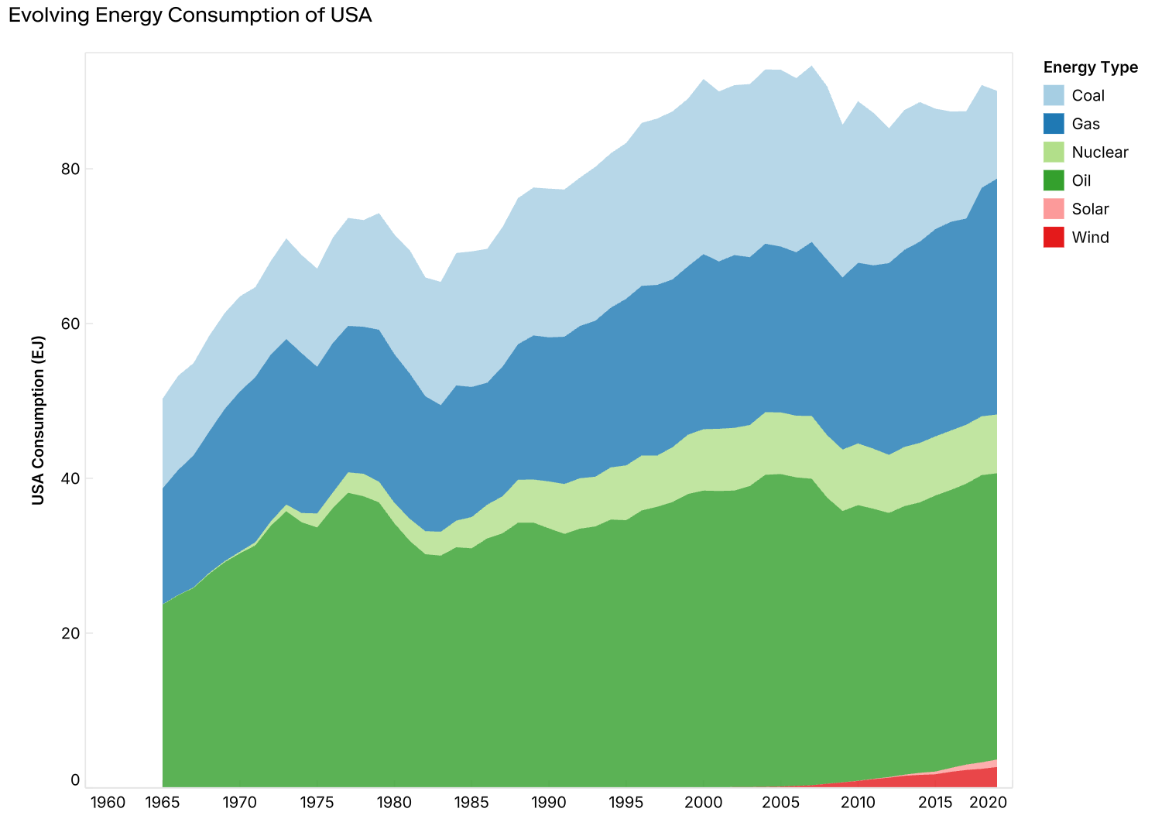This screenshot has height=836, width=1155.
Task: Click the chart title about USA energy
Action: (x=190, y=15)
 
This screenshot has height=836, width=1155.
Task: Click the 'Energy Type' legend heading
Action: (x=1090, y=67)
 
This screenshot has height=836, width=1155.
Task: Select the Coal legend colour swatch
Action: (x=1054, y=95)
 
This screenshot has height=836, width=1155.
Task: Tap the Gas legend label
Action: (x=1086, y=124)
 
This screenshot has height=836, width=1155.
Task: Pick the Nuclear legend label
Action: (x=1099, y=152)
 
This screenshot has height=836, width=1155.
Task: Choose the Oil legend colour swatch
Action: (x=1054, y=180)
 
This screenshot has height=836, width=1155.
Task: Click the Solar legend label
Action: (x=1090, y=209)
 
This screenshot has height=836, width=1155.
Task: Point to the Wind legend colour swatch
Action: (x=1054, y=238)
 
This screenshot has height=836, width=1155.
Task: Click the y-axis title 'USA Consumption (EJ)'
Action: (x=38, y=420)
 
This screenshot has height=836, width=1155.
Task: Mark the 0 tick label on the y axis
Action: (x=76, y=780)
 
